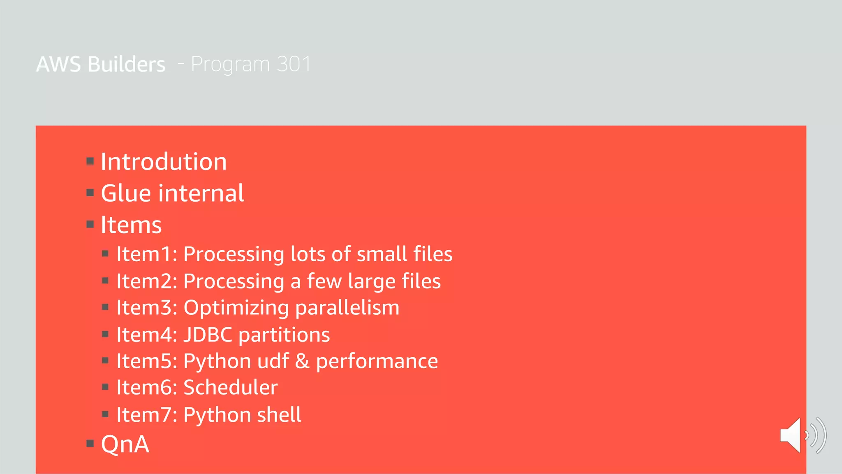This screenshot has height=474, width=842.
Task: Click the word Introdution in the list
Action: [164, 162]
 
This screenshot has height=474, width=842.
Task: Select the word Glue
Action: [126, 193]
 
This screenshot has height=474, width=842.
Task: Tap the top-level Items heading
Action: [131, 225]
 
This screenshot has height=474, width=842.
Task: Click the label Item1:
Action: [146, 254]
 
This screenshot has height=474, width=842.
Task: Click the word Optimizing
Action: [236, 308]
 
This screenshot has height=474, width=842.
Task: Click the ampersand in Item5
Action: [302, 361]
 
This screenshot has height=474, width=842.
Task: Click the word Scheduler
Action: [230, 388]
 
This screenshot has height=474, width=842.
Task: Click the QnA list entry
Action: [125, 444]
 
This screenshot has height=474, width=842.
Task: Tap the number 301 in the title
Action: [294, 64]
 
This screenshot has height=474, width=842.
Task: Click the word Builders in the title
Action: [126, 64]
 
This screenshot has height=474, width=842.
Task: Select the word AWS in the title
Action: [58, 64]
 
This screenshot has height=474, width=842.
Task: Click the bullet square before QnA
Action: [90, 443]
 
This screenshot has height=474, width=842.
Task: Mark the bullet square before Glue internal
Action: [90, 193]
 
